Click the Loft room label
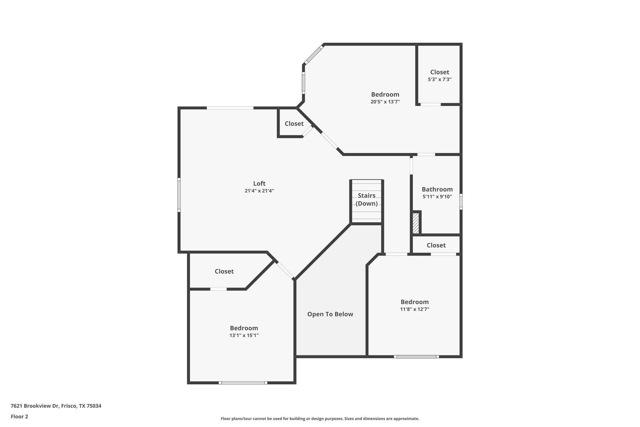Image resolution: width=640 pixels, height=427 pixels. coord(259,183)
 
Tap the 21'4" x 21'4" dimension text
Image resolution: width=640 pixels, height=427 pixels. coord(259,191)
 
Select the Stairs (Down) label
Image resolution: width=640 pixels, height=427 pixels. coord(367,200)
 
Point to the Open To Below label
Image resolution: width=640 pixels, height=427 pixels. coord(330,314)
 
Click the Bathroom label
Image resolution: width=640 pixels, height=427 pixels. coord(437,189)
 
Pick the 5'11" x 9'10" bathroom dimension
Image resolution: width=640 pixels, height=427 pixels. coord(437,197)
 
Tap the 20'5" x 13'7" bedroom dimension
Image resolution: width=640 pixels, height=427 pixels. coord(385,102)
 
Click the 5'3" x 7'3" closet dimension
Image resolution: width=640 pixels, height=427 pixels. coord(439,79)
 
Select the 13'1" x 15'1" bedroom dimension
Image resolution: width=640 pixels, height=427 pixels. coord(244,335)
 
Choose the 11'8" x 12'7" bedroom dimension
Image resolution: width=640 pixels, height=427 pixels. coord(414,309)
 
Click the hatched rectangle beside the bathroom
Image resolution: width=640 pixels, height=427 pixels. coord(415,223)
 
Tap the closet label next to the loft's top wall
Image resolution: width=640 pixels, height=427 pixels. coord(294,124)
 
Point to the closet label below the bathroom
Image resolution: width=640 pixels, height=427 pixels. coord(436,245)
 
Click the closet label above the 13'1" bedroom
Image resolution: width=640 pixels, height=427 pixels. coord(224,271)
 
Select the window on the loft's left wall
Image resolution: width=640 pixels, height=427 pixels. coord(179,195)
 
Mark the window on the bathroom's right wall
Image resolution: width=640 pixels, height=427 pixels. coord(461,202)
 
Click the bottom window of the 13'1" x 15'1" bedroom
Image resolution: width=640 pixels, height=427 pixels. coord(243,383)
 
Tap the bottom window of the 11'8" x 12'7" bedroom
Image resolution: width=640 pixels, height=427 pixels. coord(416,357)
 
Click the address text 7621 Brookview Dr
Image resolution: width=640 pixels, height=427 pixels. coord(56,406)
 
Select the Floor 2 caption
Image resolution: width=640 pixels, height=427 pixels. coord(19,417)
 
